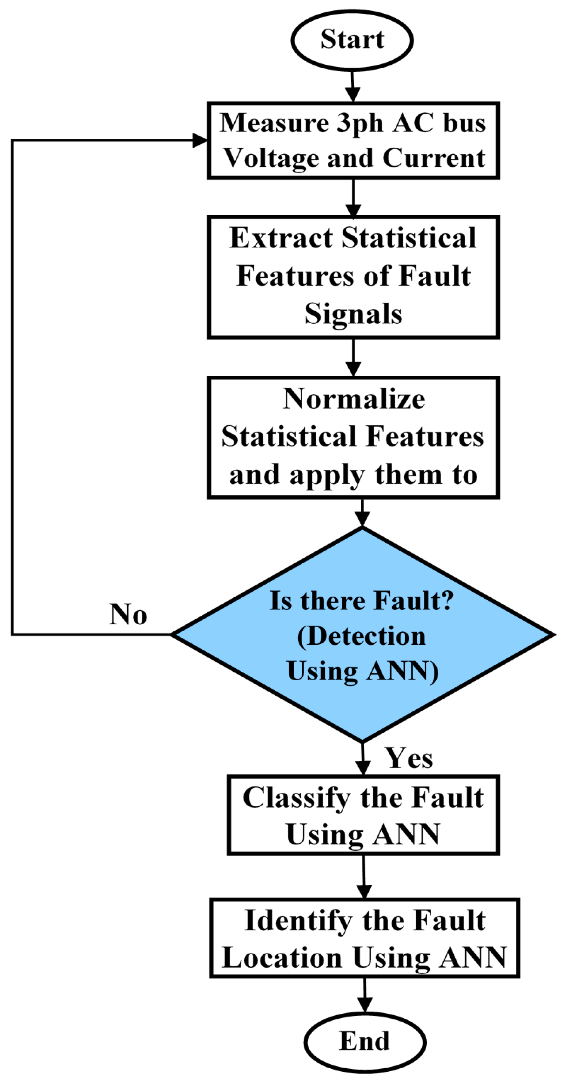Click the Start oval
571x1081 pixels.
click(x=352, y=40)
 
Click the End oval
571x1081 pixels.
click(x=365, y=1042)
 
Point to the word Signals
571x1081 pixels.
click(x=353, y=314)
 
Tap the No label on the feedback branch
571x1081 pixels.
click(x=128, y=615)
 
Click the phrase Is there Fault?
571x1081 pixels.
click(x=361, y=601)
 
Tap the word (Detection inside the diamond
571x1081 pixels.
click(x=361, y=636)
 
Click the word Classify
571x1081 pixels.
click(x=297, y=798)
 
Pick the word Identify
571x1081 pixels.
click(x=298, y=922)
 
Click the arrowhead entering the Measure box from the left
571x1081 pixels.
click(x=200, y=141)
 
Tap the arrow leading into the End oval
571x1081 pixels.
click(x=365, y=996)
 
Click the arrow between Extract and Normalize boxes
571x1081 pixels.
click(x=353, y=358)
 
